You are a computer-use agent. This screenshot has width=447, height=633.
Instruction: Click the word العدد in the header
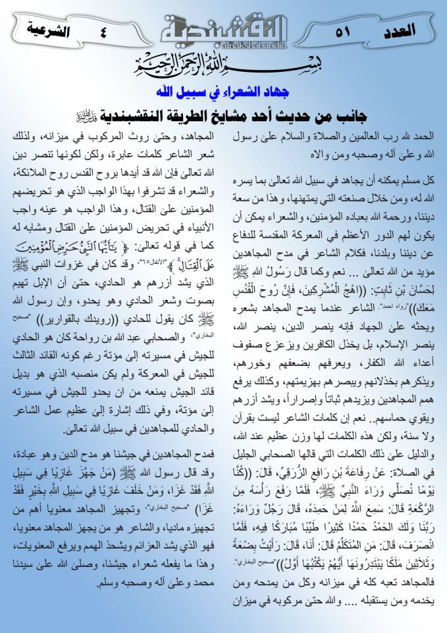click(398, 30)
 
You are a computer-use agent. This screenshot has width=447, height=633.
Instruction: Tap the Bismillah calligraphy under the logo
click(224, 65)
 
